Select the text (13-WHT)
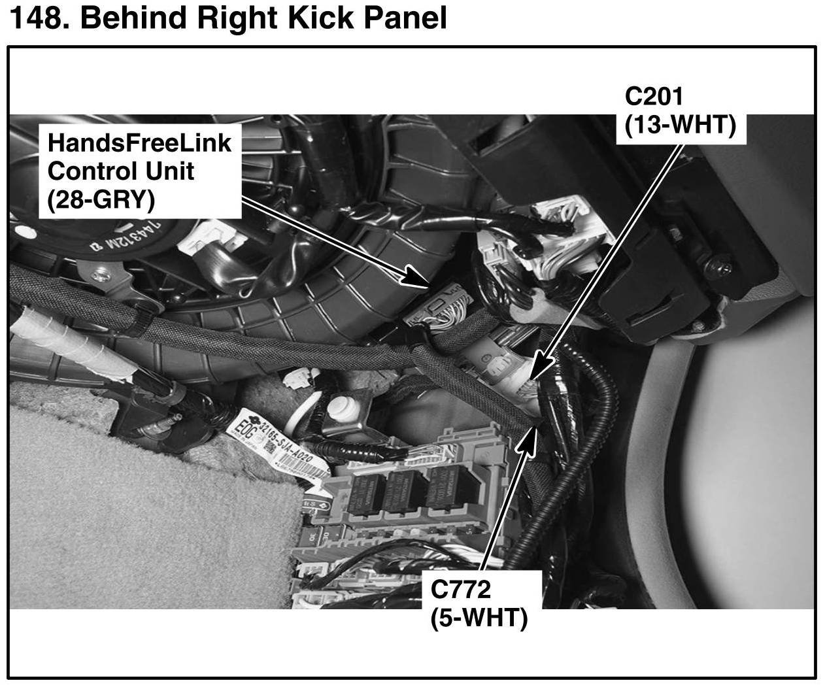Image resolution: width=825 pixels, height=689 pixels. point(680,124)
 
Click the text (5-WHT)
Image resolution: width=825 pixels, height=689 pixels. point(479,617)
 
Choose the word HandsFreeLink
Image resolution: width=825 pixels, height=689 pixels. point(139,142)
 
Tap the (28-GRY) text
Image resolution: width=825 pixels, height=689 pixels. point(101,199)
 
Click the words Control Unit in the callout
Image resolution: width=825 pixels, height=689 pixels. point(121,171)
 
